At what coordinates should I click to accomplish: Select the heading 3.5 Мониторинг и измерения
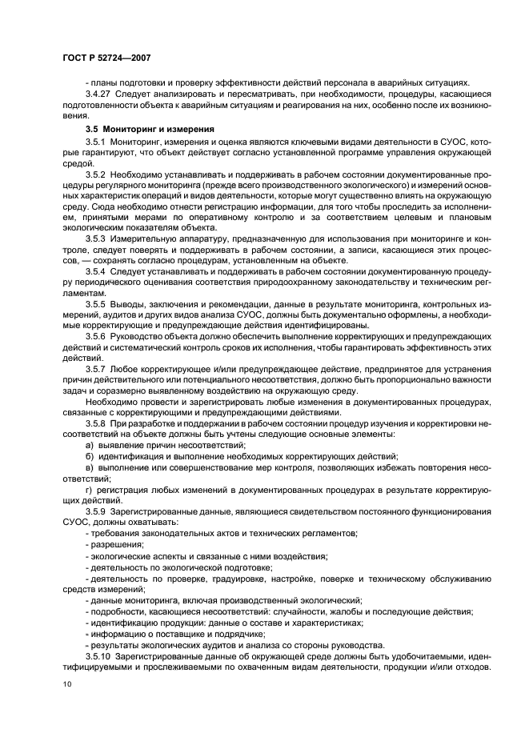coord(150,130)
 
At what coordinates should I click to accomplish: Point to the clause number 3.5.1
coord(96,142)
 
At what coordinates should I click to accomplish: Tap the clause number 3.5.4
coord(96,271)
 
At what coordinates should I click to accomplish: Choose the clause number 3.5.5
coord(96,304)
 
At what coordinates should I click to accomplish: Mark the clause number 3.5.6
coord(96,336)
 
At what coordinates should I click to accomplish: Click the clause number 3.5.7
coord(96,368)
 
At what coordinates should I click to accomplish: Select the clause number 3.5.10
coord(98,656)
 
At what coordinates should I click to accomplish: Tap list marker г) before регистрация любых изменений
coord(89,487)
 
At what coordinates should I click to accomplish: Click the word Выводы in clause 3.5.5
coord(128,304)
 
